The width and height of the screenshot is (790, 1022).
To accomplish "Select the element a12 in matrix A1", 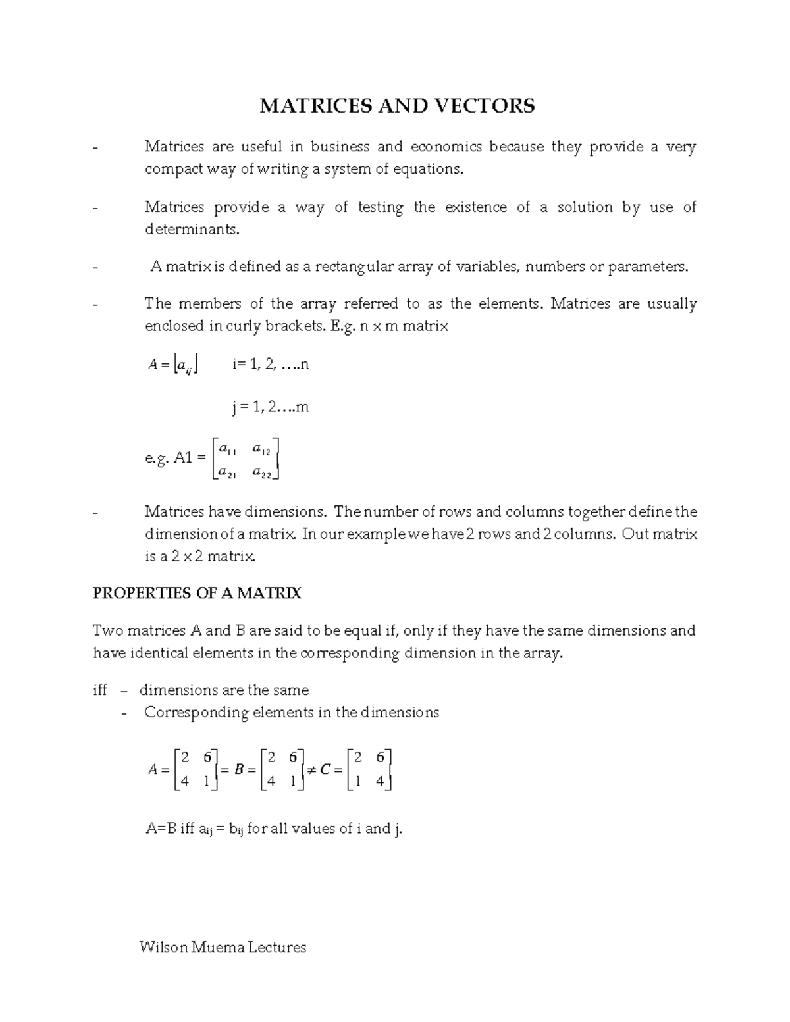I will (x=261, y=450).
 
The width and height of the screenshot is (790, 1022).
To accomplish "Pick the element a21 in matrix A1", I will (x=227, y=472).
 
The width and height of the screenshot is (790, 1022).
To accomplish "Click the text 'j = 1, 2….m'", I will (x=270, y=407).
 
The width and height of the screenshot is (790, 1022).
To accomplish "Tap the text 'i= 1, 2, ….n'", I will (x=270, y=364).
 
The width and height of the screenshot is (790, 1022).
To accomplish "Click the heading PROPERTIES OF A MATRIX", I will (x=197, y=594).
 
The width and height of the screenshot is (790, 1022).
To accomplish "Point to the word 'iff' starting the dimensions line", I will (x=100, y=690).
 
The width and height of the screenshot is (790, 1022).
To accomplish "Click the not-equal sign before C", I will (x=311, y=769).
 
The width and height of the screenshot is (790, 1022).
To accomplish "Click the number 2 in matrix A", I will (x=185, y=757).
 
